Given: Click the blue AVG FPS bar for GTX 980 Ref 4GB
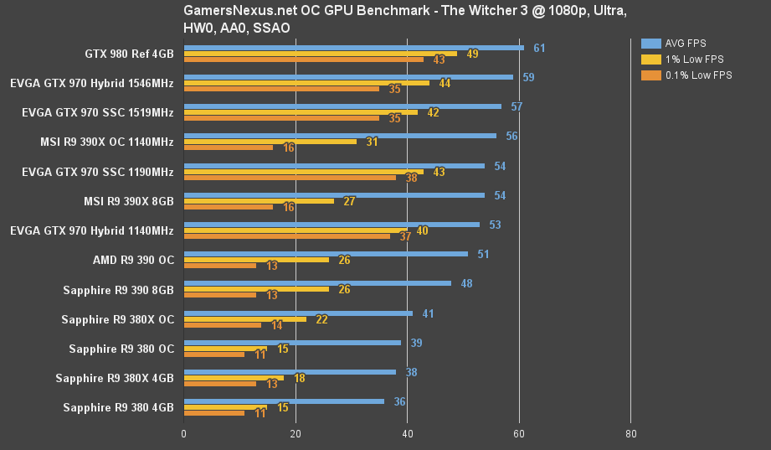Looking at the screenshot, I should [x=353, y=48].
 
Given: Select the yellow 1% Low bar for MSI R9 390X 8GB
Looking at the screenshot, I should [x=259, y=201].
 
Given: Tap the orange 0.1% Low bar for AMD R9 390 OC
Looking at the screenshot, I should [x=219, y=266].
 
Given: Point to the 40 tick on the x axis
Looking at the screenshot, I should [x=407, y=433].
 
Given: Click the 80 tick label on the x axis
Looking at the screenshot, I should [x=630, y=433].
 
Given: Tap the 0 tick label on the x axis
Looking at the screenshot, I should [x=184, y=433].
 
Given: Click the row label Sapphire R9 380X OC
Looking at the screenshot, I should [x=117, y=319].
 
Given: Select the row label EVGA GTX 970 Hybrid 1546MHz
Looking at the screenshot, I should [x=92, y=83].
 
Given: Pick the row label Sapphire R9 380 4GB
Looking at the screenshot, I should [x=118, y=407].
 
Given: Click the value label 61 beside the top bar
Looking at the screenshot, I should [x=539, y=48].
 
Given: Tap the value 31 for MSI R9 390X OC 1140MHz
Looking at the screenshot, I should [x=372, y=142].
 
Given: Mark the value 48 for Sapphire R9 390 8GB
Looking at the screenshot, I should [x=466, y=283].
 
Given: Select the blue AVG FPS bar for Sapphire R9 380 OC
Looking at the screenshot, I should [x=292, y=343].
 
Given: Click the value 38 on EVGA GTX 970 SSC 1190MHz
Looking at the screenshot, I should [x=411, y=178].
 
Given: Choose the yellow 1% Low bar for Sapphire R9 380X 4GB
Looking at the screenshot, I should [x=234, y=378].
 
